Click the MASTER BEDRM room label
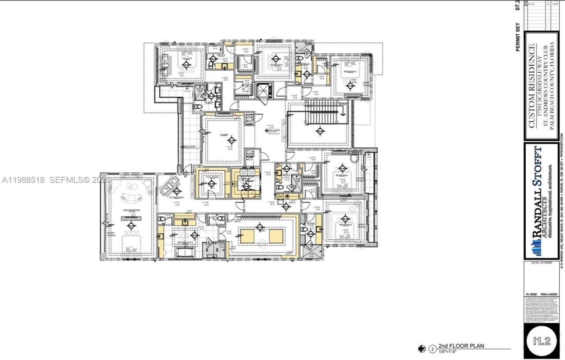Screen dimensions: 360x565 point(131,210)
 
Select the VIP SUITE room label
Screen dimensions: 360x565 point(186,59)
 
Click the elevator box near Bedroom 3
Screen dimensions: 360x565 point(264,90)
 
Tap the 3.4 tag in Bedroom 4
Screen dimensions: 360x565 point(350,85)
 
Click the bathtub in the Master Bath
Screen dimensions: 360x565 point(188,252)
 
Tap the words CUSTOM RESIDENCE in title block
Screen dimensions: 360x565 point(532,86)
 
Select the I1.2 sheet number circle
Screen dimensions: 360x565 point(541,340)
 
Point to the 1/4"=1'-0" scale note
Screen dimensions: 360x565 point(450,352)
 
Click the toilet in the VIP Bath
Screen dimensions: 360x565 point(198,106)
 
